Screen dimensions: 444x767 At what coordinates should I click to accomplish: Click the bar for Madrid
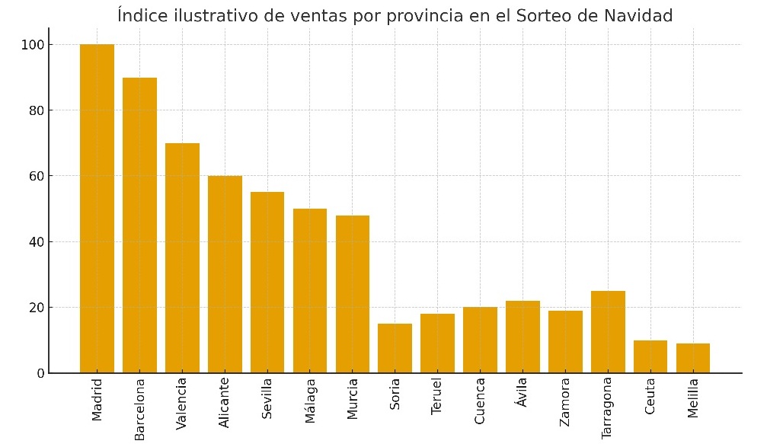[97, 209]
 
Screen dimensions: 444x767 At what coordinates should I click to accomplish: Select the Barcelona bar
[139, 225]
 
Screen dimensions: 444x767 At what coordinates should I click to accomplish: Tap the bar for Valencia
[182, 258]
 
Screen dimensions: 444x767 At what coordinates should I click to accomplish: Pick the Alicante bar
[225, 274]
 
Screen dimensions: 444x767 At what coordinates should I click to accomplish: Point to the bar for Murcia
[353, 294]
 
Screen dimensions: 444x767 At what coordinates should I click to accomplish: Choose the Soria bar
[395, 348]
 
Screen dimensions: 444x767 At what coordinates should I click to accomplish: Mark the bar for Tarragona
[608, 332]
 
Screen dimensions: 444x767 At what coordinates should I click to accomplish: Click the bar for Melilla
[693, 358]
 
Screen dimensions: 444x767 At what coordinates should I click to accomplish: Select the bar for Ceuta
[650, 356]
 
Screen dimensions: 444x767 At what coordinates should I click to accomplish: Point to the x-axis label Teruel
[436, 397]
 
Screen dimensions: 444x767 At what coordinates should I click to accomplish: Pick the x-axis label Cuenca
[480, 401]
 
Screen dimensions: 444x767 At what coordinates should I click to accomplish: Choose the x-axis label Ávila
[522, 392]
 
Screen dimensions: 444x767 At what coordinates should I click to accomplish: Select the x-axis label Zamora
[564, 401]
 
